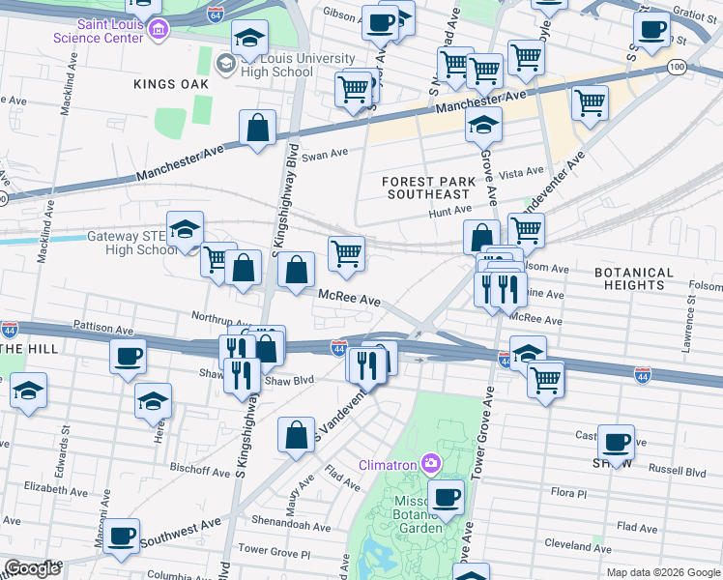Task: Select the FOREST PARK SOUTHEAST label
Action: point(428,188)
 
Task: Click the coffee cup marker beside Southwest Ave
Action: point(121,535)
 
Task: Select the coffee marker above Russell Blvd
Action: point(616,441)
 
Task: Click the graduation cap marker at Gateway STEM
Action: point(185,229)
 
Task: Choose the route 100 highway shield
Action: point(678,67)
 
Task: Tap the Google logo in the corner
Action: point(32,568)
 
